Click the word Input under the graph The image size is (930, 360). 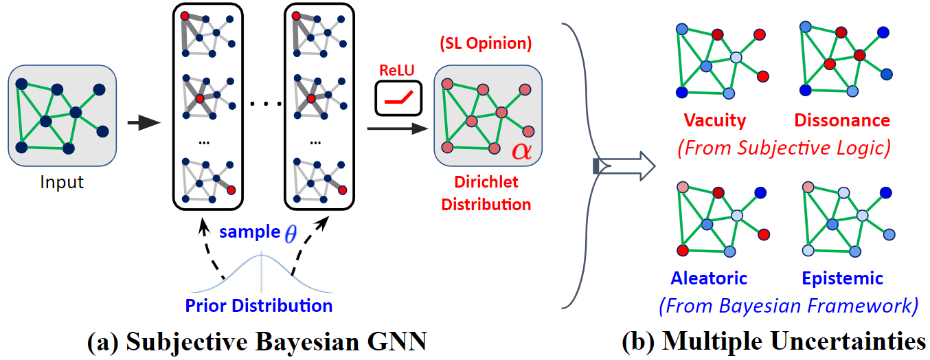pyautogui.click(x=62, y=182)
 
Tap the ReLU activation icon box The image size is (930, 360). pyautogui.click(x=398, y=98)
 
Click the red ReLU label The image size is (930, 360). pyautogui.click(x=396, y=70)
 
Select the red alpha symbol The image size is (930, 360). pyautogui.click(x=521, y=150)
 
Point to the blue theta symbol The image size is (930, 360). pyautogui.click(x=291, y=233)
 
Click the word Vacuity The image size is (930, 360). pyautogui.click(x=715, y=120)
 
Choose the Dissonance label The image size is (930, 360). pyautogui.click(x=842, y=120)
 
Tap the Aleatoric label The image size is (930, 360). pyautogui.click(x=709, y=278)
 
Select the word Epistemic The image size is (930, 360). pyautogui.click(x=842, y=279)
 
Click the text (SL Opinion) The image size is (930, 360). pyautogui.click(x=486, y=43)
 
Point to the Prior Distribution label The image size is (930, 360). pyautogui.click(x=259, y=306)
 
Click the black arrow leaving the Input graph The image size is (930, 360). pyautogui.click(x=144, y=123)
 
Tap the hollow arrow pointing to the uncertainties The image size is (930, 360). pyautogui.click(x=624, y=166)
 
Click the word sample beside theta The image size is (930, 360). pyautogui.click(x=250, y=232)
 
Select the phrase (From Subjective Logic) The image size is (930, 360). pyautogui.click(x=784, y=148)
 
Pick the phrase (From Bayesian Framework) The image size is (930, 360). pyautogui.click(x=789, y=306)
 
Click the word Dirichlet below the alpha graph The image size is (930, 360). pyautogui.click(x=486, y=182)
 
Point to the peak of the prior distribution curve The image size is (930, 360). pyautogui.click(x=261, y=254)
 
